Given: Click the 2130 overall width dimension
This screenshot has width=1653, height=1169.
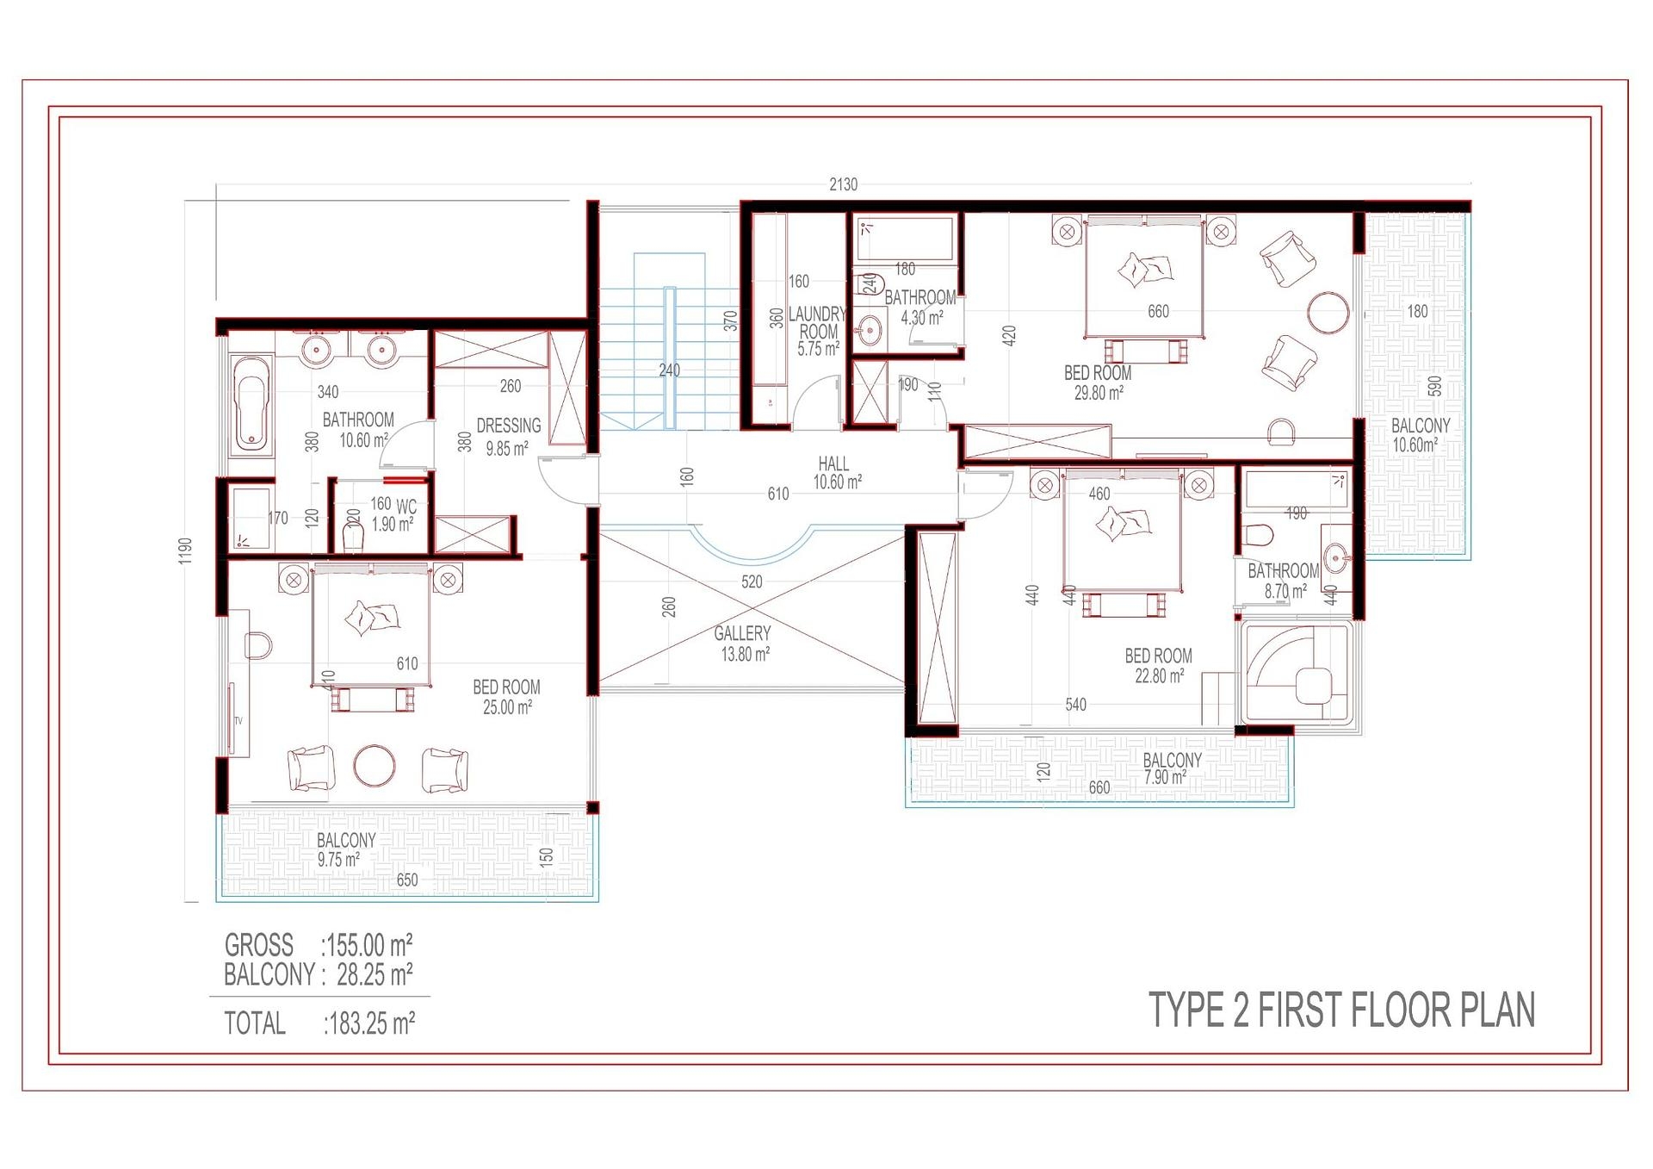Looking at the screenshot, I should tap(843, 184).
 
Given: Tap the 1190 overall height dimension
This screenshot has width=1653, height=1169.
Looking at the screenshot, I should tap(186, 551).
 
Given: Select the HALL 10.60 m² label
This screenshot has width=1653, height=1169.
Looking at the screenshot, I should tap(835, 473).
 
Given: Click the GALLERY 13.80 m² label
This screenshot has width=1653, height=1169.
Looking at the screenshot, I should tap(743, 644).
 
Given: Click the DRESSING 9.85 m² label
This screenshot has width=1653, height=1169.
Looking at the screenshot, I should tap(508, 437).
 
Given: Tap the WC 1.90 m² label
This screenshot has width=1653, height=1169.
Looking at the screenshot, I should tap(394, 515).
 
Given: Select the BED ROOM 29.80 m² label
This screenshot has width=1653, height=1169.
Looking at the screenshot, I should tap(1098, 382).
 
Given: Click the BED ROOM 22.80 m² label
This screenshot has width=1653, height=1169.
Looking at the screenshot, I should tap(1158, 665).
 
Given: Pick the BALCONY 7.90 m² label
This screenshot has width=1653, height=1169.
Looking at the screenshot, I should tap(1171, 768).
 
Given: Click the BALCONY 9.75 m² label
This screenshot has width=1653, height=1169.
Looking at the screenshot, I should tap(344, 849).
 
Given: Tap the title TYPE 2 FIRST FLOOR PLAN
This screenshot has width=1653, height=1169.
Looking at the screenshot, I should tap(1341, 1010).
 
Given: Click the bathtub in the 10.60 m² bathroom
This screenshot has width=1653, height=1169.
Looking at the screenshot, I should tap(251, 405).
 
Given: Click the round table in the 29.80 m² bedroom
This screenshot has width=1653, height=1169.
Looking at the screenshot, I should tap(1328, 312).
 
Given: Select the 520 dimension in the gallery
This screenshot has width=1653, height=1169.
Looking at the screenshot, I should tap(752, 581).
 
